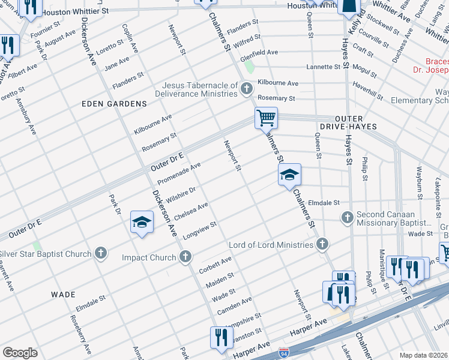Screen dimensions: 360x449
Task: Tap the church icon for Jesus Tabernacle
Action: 246,90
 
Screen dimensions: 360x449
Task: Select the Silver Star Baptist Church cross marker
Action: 100,253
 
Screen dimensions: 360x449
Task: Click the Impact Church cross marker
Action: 186,257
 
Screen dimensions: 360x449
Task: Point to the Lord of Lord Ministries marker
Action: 322,244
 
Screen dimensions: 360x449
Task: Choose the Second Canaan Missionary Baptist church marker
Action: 346,217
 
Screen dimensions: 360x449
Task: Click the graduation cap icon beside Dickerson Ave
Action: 141,223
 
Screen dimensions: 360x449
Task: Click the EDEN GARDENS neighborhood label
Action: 114,104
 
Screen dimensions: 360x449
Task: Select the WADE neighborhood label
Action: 63,295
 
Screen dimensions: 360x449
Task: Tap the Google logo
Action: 20,352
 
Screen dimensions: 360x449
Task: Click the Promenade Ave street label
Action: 179,173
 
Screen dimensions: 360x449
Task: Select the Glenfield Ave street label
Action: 259,53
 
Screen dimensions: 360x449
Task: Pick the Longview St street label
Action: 199,229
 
